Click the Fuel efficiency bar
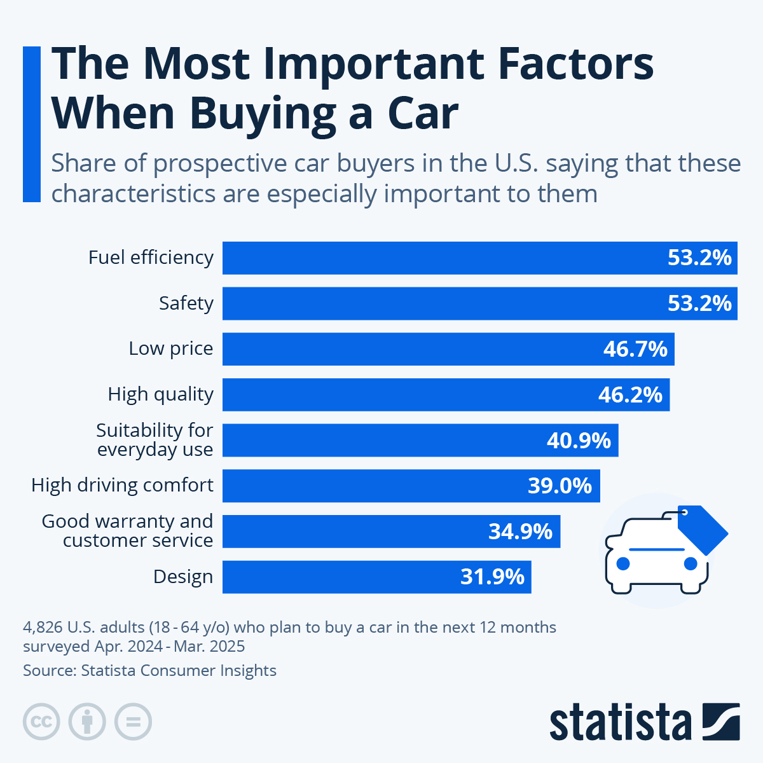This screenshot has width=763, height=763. click(x=445, y=258)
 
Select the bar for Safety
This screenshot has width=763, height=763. click(x=445, y=303)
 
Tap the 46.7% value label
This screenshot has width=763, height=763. click(x=635, y=349)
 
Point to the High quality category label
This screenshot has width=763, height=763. click(x=160, y=394)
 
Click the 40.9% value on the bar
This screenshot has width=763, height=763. click(x=579, y=440)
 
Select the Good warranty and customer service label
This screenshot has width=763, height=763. click(x=127, y=530)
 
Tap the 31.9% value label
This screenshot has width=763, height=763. click(x=492, y=577)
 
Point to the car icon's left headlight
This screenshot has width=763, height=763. click(x=623, y=563)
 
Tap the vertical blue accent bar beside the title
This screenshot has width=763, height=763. click(x=31, y=124)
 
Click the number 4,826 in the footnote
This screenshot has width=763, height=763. click(x=43, y=628)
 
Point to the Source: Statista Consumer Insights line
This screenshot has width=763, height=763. click(x=149, y=670)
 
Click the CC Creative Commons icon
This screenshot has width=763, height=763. click(x=41, y=722)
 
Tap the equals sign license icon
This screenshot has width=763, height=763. click(x=133, y=722)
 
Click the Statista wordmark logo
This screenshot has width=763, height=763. click(x=620, y=722)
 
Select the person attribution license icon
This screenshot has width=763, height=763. click(x=87, y=722)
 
